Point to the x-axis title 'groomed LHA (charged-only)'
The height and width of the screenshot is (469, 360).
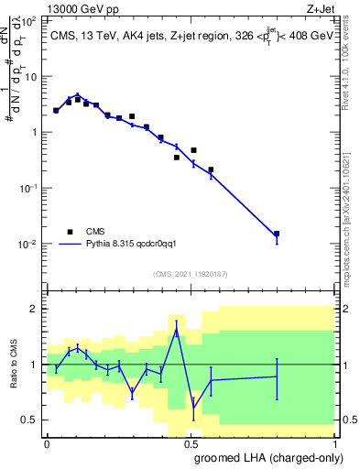click(x=267, y=457)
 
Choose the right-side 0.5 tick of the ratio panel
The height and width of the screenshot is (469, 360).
click(x=349, y=420)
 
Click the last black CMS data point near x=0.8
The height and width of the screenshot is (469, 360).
click(x=277, y=234)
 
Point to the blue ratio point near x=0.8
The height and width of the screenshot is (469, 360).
click(x=277, y=376)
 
